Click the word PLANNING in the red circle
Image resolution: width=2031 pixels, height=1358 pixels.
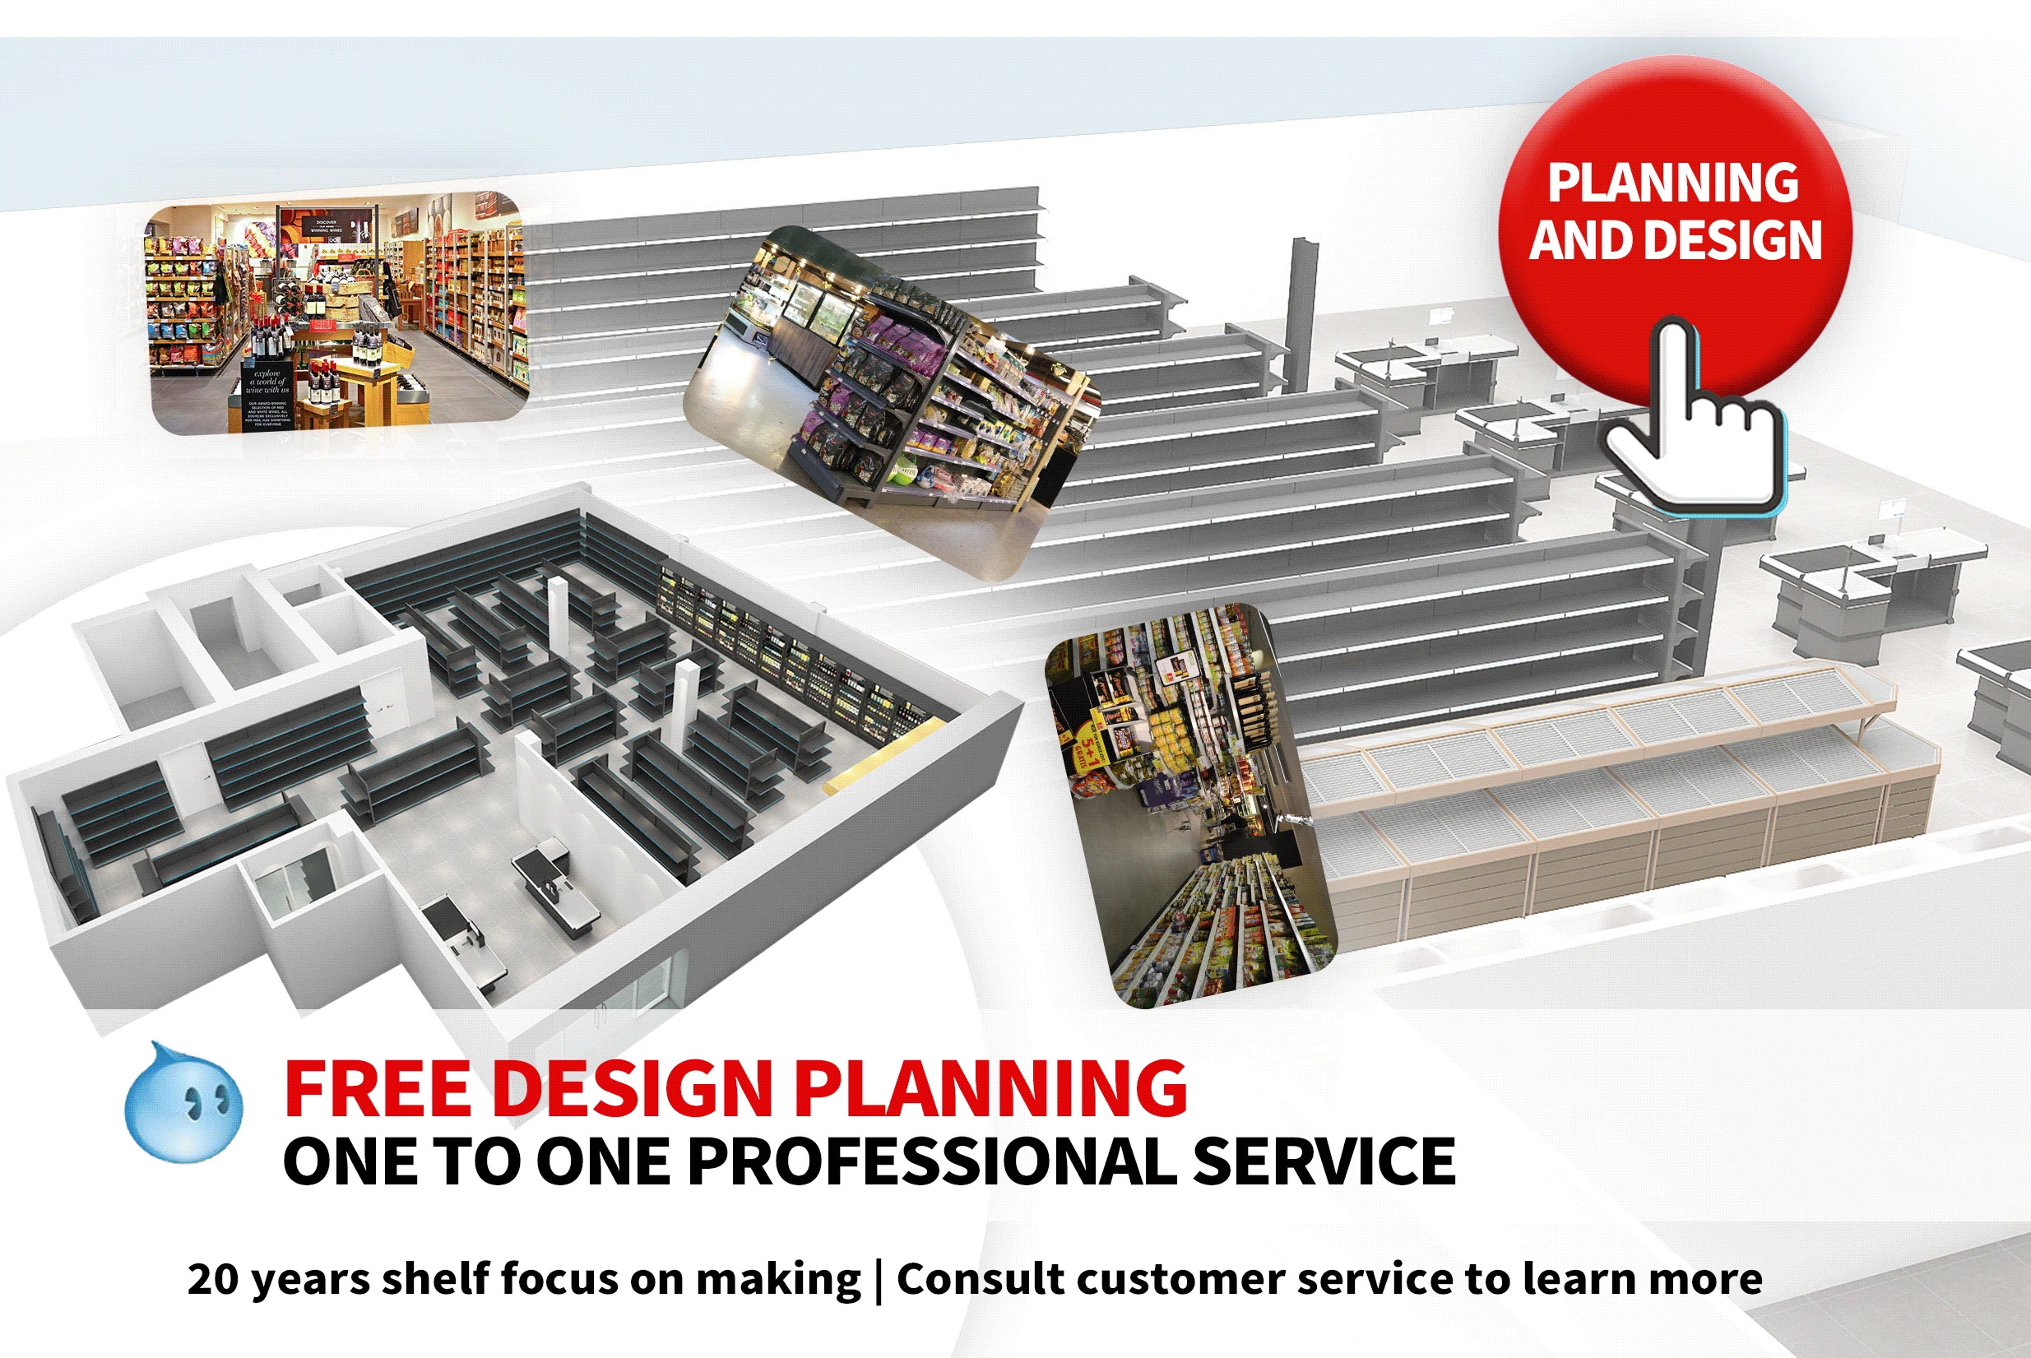[1672, 183]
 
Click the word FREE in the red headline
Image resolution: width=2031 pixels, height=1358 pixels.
[377, 1089]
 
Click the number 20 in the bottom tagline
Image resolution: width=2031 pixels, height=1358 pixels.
[212, 1279]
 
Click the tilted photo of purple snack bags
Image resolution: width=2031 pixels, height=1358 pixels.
[892, 403]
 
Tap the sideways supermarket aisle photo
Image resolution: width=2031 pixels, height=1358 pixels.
[1191, 805]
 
